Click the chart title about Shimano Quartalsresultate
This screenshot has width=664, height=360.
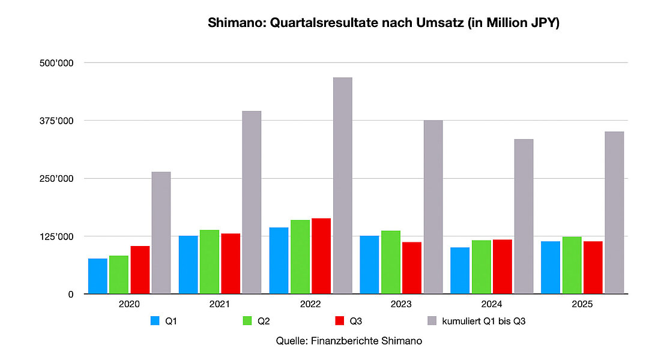383,23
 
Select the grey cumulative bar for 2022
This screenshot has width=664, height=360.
342,185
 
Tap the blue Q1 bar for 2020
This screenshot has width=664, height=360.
98,276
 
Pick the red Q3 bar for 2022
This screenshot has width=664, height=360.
321,256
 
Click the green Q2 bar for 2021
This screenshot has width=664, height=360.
210,262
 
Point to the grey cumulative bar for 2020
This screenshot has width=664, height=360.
161,233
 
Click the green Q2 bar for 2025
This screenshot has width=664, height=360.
572,265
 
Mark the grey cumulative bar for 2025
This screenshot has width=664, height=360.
614,212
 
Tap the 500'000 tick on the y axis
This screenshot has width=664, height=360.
60,63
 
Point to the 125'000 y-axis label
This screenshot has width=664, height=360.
60,236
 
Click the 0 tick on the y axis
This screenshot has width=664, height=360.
70,294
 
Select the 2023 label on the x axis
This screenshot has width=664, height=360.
401,305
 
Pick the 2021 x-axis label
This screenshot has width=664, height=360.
220,305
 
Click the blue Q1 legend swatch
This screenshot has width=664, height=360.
155,322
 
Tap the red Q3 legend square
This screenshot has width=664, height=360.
338,322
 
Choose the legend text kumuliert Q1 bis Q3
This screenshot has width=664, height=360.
484,322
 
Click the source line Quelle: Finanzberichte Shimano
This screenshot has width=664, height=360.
349,341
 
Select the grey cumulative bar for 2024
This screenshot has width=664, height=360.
524,217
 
